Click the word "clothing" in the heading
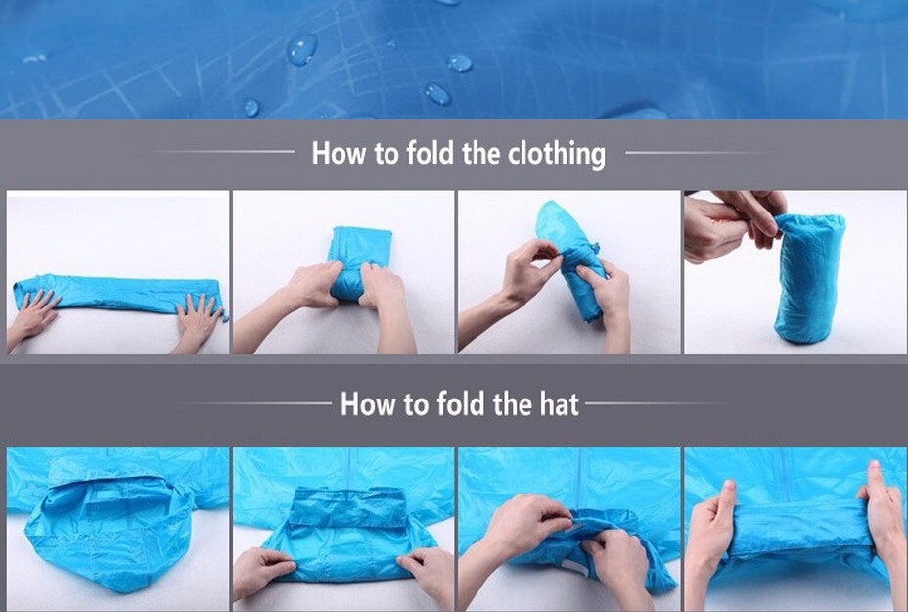[557, 154]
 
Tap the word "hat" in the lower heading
[560, 404]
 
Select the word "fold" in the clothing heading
[431, 153]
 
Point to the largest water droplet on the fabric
[301, 49]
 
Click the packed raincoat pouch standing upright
[809, 278]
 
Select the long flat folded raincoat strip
[118, 295]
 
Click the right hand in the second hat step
[427, 574]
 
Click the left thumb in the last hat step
[725, 499]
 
